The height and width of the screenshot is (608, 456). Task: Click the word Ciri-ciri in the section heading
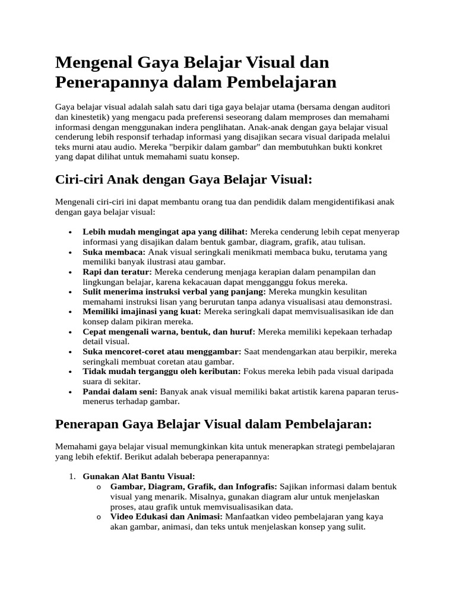tap(78, 179)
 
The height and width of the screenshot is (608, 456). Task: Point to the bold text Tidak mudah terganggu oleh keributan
tap(161, 372)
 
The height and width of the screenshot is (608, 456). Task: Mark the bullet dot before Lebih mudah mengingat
tap(71, 232)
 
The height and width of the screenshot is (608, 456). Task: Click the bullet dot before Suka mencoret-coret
tap(71, 352)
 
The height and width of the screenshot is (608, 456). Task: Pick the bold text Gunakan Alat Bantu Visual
tap(139, 476)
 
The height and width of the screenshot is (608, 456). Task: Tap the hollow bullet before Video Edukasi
tap(98, 517)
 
